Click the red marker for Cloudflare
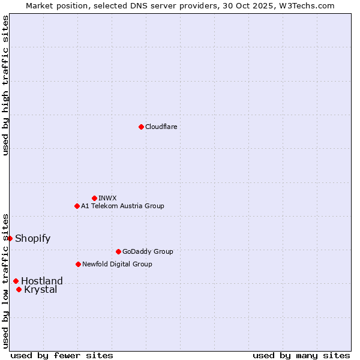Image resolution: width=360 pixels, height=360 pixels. [x=141, y=127]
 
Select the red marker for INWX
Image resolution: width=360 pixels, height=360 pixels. [x=94, y=198]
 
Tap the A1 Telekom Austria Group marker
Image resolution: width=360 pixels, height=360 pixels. [x=77, y=206]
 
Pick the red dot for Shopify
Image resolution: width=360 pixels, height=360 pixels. [x=10, y=238]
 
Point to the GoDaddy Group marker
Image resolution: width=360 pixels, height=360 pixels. [x=118, y=251]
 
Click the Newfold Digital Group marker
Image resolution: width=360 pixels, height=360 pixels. [x=78, y=264]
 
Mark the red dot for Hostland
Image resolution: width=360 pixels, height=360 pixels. [x=16, y=281]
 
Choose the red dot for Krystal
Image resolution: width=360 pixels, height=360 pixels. [x=19, y=289]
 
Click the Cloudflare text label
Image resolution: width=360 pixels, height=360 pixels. [x=161, y=127]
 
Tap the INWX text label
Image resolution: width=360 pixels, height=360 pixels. [x=107, y=198]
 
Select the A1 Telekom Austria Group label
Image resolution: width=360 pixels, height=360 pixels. [x=122, y=206]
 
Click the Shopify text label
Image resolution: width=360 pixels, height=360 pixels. [x=32, y=238]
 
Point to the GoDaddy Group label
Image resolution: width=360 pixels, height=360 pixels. [x=148, y=251]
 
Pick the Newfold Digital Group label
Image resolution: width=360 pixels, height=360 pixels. [x=117, y=264]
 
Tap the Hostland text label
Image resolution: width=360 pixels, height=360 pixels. [x=41, y=281]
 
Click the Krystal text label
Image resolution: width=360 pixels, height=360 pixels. [x=40, y=290]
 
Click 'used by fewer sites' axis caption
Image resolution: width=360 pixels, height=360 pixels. [x=62, y=355]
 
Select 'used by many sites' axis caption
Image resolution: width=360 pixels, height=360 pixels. [x=301, y=355]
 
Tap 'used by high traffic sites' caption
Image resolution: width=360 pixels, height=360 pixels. [x=5, y=85]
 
